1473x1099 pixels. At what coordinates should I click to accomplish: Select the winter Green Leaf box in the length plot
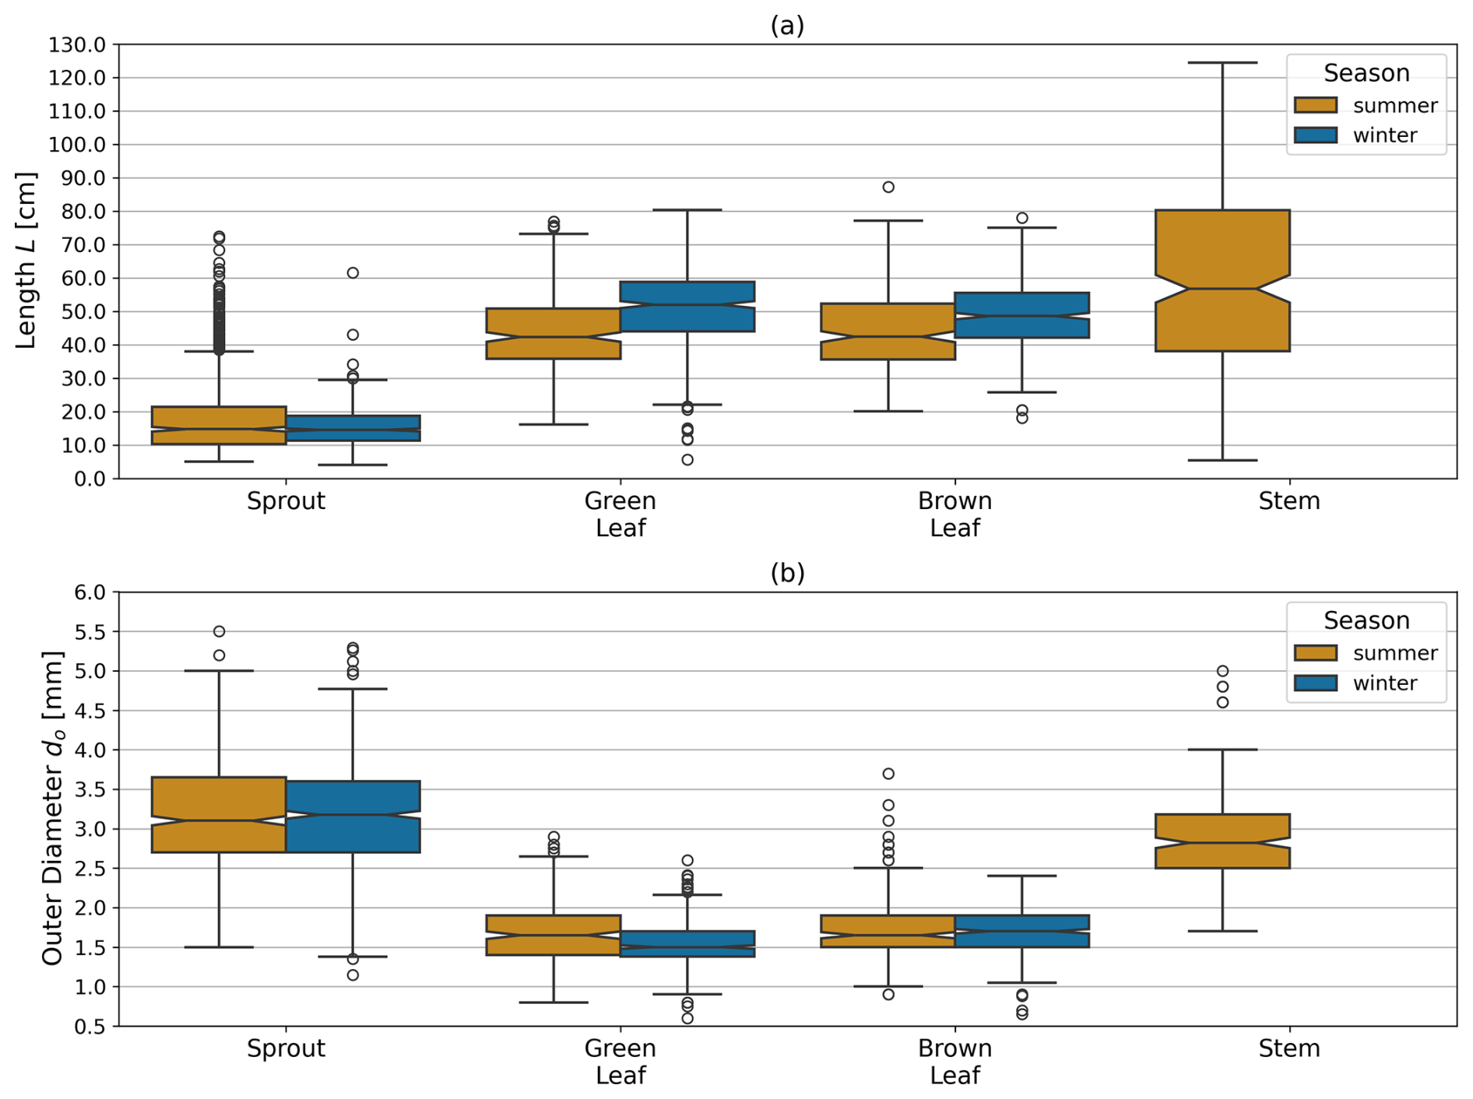point(687,306)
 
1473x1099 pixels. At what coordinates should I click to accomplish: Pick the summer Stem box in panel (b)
point(1222,841)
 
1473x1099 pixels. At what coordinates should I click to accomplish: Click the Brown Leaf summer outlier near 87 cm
point(888,187)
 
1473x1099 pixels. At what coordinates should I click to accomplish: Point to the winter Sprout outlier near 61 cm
point(353,273)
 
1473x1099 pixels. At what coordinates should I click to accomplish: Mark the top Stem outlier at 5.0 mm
point(1222,671)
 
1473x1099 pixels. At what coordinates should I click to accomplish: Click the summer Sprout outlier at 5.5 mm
point(220,631)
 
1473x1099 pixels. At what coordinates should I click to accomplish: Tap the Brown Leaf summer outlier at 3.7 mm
point(888,774)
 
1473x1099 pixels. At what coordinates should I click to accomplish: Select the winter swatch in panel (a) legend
point(1315,135)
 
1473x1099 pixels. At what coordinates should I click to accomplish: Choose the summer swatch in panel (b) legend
point(1315,653)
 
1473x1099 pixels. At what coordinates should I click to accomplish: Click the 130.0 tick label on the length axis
point(76,45)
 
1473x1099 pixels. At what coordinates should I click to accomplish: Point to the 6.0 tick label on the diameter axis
point(89,593)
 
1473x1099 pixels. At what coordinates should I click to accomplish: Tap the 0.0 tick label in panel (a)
point(89,479)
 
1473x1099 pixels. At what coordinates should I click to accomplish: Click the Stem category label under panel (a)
point(1288,501)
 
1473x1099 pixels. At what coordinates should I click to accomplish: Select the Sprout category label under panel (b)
point(286,1048)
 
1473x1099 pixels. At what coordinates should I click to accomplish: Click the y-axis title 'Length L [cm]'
point(26,261)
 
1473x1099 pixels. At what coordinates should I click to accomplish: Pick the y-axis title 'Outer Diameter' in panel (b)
point(52,808)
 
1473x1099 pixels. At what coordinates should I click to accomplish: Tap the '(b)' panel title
point(786,573)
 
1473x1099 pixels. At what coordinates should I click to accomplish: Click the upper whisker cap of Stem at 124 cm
point(1222,63)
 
